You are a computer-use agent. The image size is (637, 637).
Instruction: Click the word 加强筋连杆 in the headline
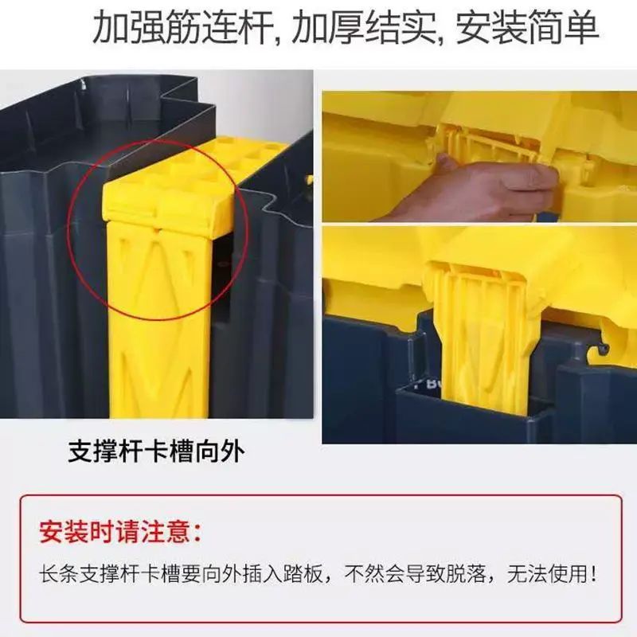point(183,28)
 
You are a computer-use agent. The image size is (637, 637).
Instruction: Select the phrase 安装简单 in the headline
point(527,28)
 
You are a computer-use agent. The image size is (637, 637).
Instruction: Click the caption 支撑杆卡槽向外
point(156,451)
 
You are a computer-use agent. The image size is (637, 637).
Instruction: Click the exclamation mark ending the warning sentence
point(593,574)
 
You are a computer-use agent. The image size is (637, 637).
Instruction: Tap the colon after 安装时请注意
point(197,533)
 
